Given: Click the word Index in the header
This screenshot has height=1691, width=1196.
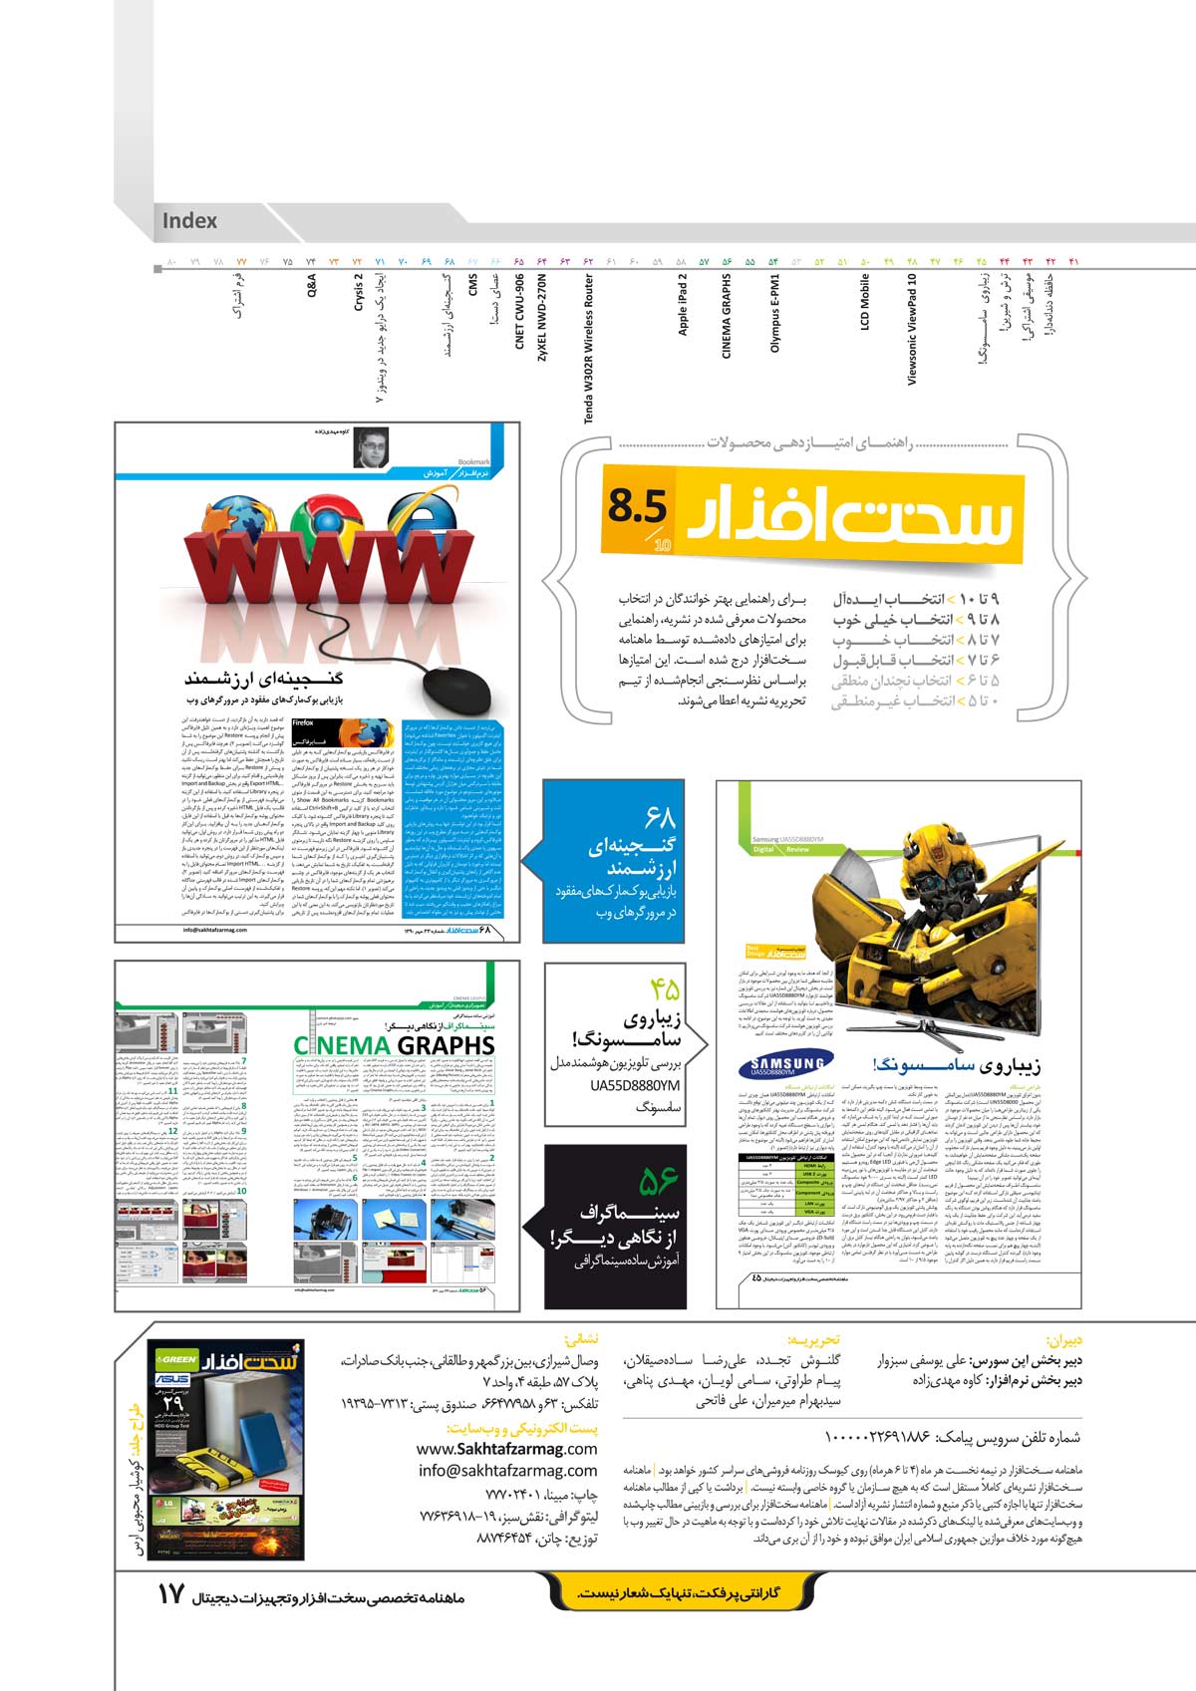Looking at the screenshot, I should (x=189, y=221).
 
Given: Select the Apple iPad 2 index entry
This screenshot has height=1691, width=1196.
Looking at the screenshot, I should (x=683, y=304).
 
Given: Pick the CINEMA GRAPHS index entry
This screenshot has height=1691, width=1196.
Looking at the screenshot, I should (x=727, y=317).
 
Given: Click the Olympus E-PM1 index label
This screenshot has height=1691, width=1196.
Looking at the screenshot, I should (x=773, y=313).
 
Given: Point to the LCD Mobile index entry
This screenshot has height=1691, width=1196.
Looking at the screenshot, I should (x=865, y=302).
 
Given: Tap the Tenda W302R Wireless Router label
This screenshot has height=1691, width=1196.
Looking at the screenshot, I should (x=589, y=349).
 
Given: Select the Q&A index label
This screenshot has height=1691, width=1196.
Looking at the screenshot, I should (x=311, y=287).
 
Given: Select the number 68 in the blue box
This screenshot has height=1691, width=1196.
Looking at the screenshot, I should (x=660, y=819).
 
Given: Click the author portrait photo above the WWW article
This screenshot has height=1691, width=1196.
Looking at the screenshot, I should (x=371, y=447).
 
